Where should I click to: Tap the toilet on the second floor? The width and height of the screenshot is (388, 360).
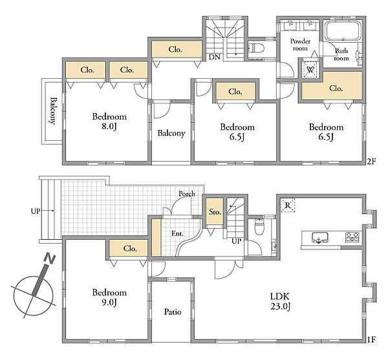pyautogui.click(x=255, y=47)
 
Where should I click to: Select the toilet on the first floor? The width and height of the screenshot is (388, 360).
pyautogui.click(x=259, y=227)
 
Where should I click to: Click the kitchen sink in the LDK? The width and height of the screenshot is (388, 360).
pyautogui.click(x=320, y=237)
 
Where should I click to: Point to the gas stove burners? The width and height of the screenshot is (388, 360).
pyautogui.click(x=352, y=237)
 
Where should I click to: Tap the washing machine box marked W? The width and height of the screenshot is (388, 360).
pyautogui.click(x=310, y=69)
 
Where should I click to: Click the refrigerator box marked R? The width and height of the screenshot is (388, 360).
pyautogui.click(x=288, y=205)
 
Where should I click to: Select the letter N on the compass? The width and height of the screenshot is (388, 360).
pyautogui.click(x=49, y=259)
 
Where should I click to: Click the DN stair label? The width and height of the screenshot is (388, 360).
pyautogui.click(x=215, y=58)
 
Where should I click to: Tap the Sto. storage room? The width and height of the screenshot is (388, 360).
pyautogui.click(x=215, y=211)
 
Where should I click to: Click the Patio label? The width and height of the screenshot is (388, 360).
pyautogui.click(x=173, y=312)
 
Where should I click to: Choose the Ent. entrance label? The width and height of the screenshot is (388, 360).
pyautogui.click(x=177, y=233)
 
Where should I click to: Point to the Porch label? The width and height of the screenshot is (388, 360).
pyautogui.click(x=187, y=194)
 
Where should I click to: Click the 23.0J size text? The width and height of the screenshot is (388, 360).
pyautogui.click(x=280, y=306)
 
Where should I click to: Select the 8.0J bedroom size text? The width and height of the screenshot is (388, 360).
pyautogui.click(x=109, y=126)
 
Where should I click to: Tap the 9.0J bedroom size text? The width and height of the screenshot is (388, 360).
pyautogui.click(x=109, y=302)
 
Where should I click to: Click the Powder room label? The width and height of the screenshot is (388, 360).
pyautogui.click(x=301, y=45)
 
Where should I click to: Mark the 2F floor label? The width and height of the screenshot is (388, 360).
pyautogui.click(x=371, y=162)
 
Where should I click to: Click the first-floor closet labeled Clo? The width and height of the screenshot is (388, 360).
pyautogui.click(x=130, y=248)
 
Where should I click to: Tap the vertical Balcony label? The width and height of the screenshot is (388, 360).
pyautogui.click(x=53, y=111)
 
